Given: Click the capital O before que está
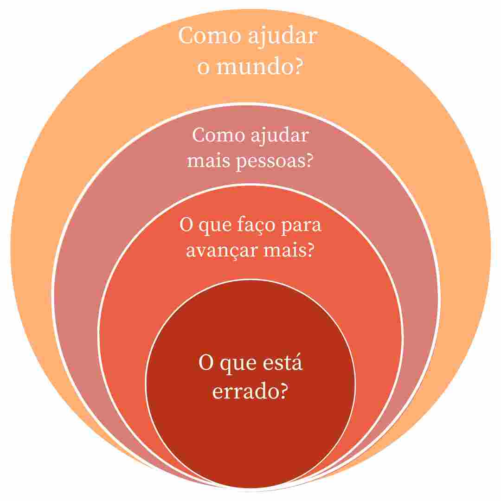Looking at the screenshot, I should click(x=206, y=362).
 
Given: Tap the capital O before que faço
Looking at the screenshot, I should click(x=186, y=225).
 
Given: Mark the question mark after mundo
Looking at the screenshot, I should click(x=297, y=66).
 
